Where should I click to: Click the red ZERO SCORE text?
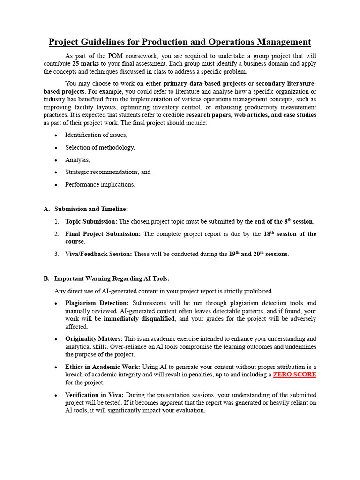click(x=294, y=375)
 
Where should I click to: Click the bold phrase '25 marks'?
click(x=85, y=63)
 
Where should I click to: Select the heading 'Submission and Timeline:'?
click(x=91, y=209)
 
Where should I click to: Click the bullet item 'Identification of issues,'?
click(x=96, y=135)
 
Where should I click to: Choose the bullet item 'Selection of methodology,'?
click(x=100, y=147)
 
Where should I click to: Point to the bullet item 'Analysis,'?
click(x=78, y=160)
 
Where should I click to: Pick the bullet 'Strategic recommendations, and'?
click(x=108, y=172)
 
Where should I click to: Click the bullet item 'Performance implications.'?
click(x=100, y=184)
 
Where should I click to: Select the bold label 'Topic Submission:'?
click(x=91, y=221)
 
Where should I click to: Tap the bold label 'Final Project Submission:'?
click(x=103, y=234)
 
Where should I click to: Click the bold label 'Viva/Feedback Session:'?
click(x=99, y=254)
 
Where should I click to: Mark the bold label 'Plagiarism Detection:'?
click(x=97, y=303)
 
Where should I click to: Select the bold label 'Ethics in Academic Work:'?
click(x=103, y=367)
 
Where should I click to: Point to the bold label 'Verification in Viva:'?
click(x=95, y=395)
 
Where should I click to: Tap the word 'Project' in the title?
click(x=65, y=42)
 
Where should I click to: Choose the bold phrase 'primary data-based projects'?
click(x=204, y=84)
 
